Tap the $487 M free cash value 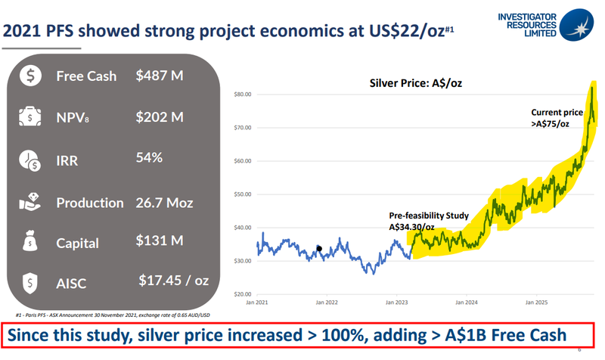pyautogui.click(x=160, y=76)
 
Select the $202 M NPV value pyautogui.click(x=160, y=117)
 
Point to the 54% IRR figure pyautogui.click(x=150, y=159)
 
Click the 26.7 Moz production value pyautogui.click(x=164, y=203)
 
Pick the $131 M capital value pyautogui.click(x=159, y=242)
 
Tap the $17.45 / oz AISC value pyautogui.click(x=173, y=281)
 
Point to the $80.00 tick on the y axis pyautogui.click(x=241, y=95)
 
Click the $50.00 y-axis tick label pyautogui.click(x=241, y=194)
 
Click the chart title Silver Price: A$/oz pyautogui.click(x=414, y=82)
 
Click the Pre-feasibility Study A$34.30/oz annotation pyautogui.click(x=422, y=221)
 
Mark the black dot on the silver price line pyautogui.click(x=319, y=248)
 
